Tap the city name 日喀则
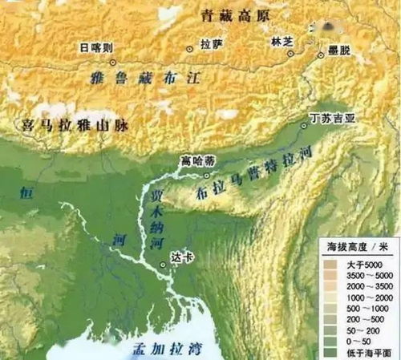95,48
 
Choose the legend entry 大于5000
342,265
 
